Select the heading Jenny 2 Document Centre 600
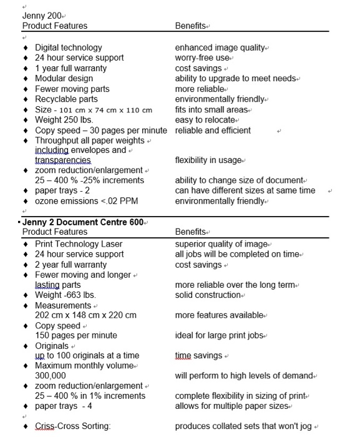click(x=84, y=222)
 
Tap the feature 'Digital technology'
click(x=68, y=47)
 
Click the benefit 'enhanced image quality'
click(x=220, y=47)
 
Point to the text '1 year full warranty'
click(x=71, y=68)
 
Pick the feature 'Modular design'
click(x=63, y=78)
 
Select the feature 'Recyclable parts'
click(x=66, y=99)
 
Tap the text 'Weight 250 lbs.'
click(x=64, y=120)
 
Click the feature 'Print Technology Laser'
click(x=79, y=243)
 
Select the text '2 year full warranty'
click(x=71, y=264)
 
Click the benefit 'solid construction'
click(x=209, y=295)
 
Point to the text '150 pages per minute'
click(x=75, y=335)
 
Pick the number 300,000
click(x=51, y=376)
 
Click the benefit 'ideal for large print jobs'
click(x=220, y=335)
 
